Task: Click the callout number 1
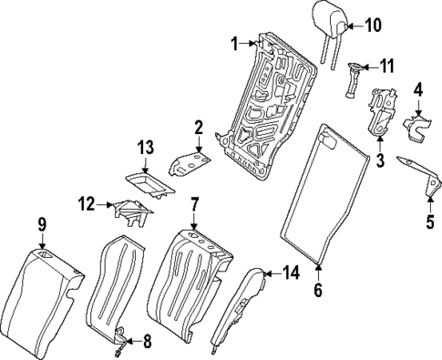coord(234,42)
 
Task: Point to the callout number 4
coord(417,89)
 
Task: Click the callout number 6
coord(318,293)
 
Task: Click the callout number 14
coord(291,272)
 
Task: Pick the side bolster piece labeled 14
coord(241,305)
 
